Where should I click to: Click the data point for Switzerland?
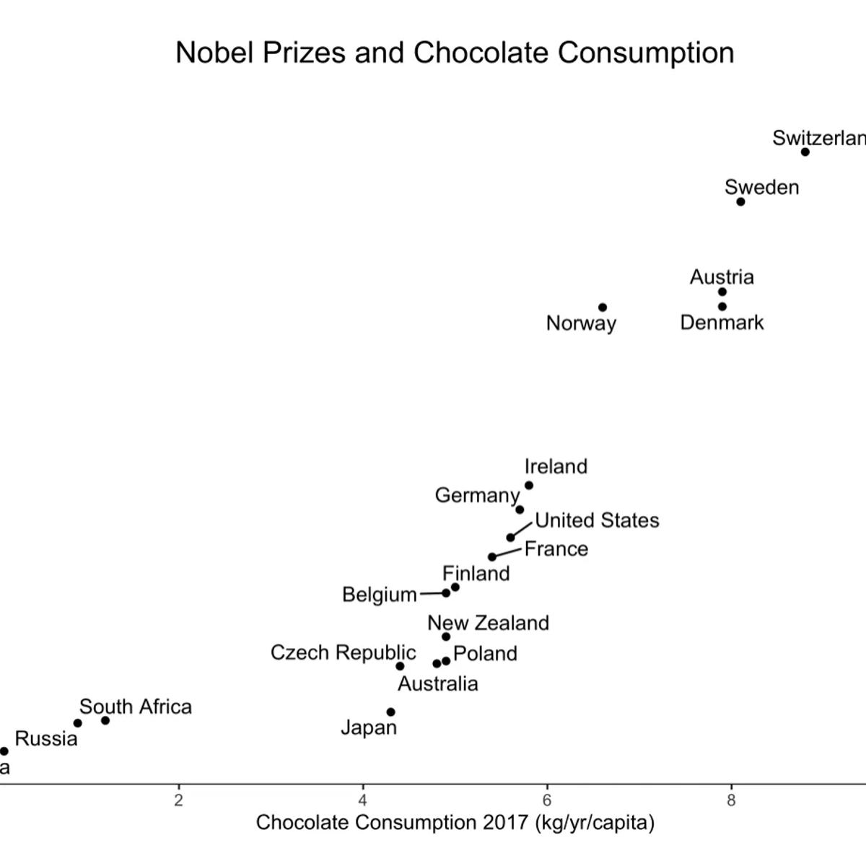click(805, 152)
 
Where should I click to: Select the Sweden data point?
click(740, 201)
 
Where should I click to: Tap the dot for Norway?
click(603, 307)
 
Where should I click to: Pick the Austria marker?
click(722, 292)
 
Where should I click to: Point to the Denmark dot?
click(722, 307)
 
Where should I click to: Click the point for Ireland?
click(529, 486)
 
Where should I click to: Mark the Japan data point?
click(391, 712)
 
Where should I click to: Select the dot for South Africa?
click(105, 720)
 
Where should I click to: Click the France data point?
click(492, 556)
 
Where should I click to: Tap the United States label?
click(597, 520)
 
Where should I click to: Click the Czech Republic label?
click(343, 652)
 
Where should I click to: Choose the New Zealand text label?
click(488, 623)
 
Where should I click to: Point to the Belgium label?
click(380, 595)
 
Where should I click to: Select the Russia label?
click(46, 738)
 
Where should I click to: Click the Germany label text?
click(476, 496)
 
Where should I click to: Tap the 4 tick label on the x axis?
click(363, 800)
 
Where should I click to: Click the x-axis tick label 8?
click(731, 800)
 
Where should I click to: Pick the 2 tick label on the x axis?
click(178, 800)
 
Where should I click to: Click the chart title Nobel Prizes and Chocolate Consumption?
click(455, 53)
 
